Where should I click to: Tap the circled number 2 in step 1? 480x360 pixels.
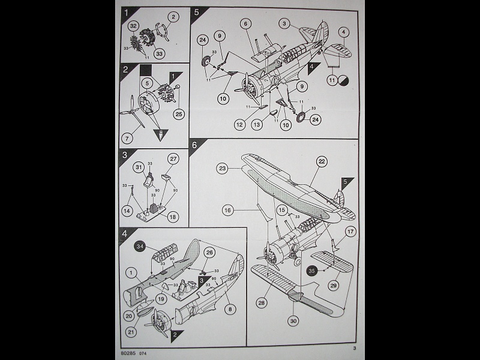(173, 17)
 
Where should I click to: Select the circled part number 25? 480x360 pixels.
(178, 113)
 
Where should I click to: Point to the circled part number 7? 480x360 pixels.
(127, 139)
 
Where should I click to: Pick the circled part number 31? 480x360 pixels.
(138, 167)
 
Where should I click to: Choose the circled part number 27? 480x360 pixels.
(173, 159)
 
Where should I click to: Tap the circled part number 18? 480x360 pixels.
(173, 217)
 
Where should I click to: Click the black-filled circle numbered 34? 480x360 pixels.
(139, 245)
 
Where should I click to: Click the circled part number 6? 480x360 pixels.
(246, 24)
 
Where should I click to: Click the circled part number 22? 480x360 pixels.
(322, 161)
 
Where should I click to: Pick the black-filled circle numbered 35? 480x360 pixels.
(311, 271)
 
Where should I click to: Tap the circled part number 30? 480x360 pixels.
(293, 321)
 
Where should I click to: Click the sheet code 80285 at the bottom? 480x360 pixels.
(129, 353)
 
